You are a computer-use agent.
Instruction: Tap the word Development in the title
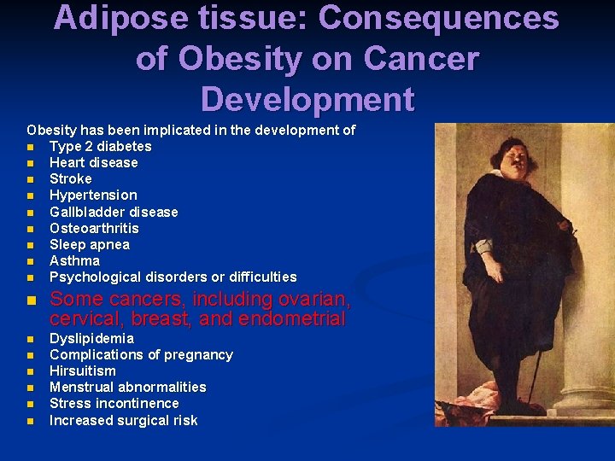click(x=307, y=99)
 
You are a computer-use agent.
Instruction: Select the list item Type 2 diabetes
click(x=100, y=147)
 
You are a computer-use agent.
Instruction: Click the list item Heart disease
click(x=93, y=163)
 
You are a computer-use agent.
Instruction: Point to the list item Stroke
click(x=70, y=179)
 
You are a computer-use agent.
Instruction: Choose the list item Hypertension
click(x=92, y=195)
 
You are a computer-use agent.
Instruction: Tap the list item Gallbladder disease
click(x=114, y=212)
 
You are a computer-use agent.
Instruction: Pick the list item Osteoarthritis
click(x=94, y=228)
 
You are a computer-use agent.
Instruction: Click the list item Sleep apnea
click(x=90, y=245)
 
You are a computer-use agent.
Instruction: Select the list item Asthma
click(x=74, y=260)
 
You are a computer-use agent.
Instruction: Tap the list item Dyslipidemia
click(x=91, y=339)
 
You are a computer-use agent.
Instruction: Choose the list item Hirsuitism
click(x=82, y=371)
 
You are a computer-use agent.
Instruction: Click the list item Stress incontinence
click(x=114, y=404)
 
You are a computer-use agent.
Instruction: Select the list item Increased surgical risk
click(x=123, y=420)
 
